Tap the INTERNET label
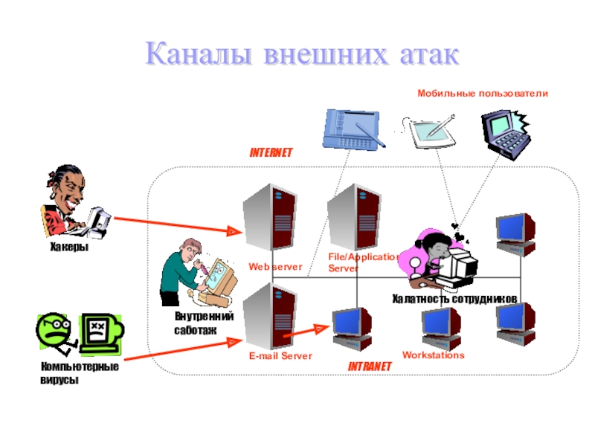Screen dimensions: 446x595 click(x=271, y=152)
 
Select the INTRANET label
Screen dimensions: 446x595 click(x=370, y=367)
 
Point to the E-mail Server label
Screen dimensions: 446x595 click(x=280, y=356)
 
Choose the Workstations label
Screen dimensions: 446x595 click(x=433, y=355)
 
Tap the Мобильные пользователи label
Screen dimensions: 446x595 click(x=482, y=94)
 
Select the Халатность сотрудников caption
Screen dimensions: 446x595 click(x=454, y=298)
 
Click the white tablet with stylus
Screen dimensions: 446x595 click(x=433, y=131)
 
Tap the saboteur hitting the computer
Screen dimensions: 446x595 click(x=197, y=271)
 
